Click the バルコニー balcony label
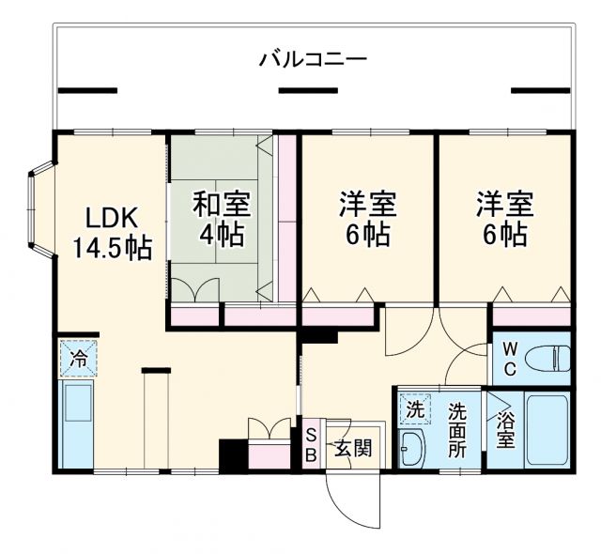(313, 60)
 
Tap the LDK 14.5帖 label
(112, 235)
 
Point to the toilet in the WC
(548, 358)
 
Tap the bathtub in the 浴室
(547, 430)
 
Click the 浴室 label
(505, 430)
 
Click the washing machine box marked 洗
(414, 409)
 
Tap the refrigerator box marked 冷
(78, 359)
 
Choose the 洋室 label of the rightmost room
(503, 203)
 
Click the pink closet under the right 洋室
(532, 315)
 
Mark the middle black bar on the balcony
(309, 91)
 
